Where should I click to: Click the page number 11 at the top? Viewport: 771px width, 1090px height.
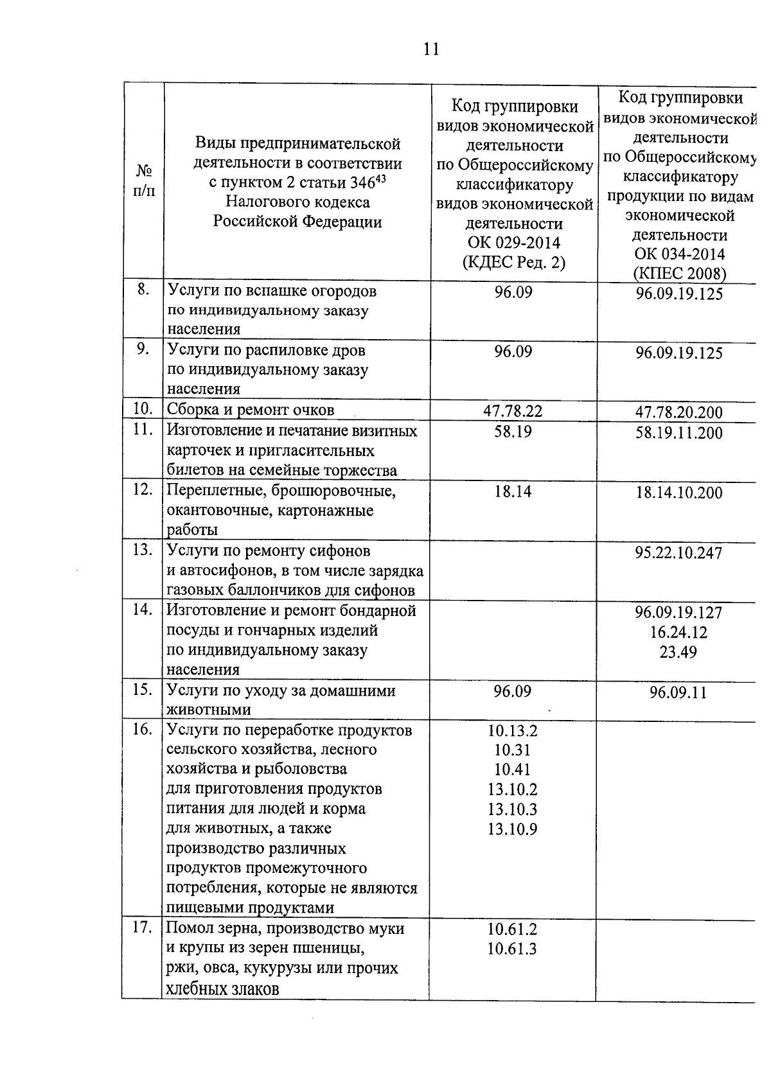tap(431, 49)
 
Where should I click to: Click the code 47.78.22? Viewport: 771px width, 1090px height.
tap(513, 411)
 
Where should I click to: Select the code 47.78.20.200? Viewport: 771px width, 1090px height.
tap(678, 412)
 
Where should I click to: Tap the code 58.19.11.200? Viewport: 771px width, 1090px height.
tap(678, 433)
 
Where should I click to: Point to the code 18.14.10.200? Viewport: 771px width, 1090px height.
tap(678, 493)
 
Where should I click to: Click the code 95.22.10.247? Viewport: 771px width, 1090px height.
tap(678, 553)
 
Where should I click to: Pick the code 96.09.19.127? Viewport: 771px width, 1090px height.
tap(678, 613)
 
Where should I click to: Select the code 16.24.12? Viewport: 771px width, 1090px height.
tap(678, 633)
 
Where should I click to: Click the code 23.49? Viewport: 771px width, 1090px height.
tap(678, 653)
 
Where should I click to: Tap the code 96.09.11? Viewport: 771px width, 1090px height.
tap(678, 693)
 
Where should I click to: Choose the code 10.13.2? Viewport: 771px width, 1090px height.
tap(512, 731)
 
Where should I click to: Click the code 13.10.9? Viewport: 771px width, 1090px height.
tap(512, 829)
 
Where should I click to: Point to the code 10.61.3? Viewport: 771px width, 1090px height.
tap(512, 949)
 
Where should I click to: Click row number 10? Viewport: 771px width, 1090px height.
tap(143, 409)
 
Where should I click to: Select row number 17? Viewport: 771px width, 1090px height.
tap(143, 928)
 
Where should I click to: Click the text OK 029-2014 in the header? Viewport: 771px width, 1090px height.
tap(514, 243)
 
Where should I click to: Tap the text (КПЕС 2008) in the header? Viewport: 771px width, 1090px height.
tap(680, 274)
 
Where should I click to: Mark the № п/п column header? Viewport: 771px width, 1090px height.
tap(144, 180)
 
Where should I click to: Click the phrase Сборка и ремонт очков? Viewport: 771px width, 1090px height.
tap(251, 410)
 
